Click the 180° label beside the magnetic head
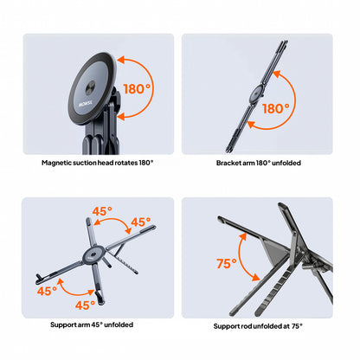point(137,89)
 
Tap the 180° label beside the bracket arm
point(276,109)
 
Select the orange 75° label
point(227,264)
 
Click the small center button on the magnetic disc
point(90,89)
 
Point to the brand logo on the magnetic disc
point(86,103)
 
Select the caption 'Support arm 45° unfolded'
point(92,325)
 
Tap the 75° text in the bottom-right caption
point(297,326)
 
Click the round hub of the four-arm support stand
point(93,255)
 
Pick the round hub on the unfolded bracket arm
point(256,94)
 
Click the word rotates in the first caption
point(126,163)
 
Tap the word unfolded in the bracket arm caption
point(286,163)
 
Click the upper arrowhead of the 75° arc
point(243,236)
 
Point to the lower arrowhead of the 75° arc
point(255,277)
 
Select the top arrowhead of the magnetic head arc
point(120,60)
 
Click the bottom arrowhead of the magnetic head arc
point(120,117)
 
